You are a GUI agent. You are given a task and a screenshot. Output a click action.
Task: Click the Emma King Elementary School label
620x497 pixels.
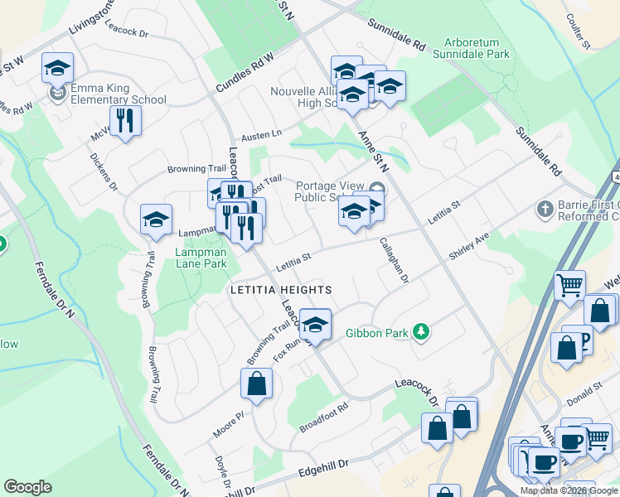[x=118, y=94]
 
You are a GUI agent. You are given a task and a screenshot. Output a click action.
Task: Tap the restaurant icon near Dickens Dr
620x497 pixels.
[x=125, y=121]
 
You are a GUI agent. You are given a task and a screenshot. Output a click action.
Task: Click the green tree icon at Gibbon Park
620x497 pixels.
[x=421, y=332]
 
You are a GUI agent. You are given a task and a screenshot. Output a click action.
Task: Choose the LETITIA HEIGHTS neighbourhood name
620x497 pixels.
[x=280, y=290]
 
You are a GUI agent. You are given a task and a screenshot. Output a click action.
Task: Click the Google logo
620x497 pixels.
[x=27, y=487]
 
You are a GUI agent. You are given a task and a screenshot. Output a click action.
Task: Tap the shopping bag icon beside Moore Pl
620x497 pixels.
[x=256, y=384]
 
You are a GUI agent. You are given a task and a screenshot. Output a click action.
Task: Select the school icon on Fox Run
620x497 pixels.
[x=315, y=325]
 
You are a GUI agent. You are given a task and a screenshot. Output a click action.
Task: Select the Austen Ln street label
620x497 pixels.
[x=262, y=134]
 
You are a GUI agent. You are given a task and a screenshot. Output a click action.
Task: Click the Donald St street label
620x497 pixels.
[x=586, y=390]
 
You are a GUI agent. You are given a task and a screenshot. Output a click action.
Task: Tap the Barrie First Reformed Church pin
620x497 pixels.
[x=545, y=207]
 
